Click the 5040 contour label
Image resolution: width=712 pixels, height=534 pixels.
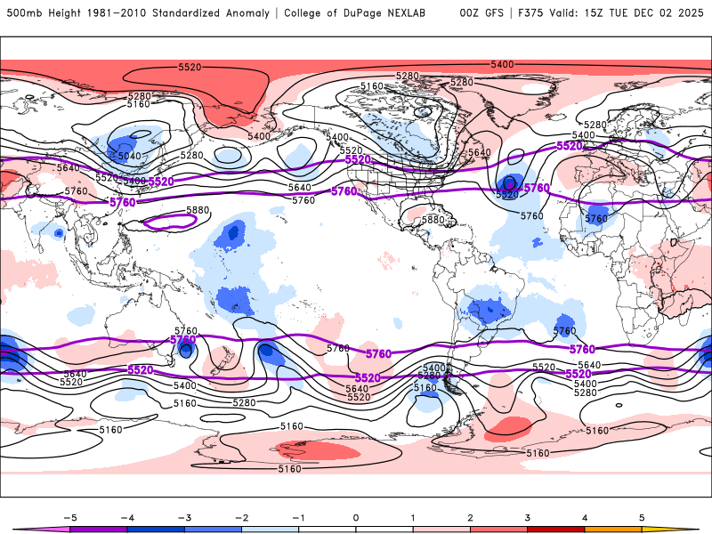[x=130, y=156]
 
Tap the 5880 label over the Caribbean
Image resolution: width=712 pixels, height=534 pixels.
[x=433, y=220]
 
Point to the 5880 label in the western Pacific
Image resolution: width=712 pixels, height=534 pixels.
[x=198, y=211]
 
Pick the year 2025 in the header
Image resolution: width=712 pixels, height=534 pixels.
[x=689, y=13]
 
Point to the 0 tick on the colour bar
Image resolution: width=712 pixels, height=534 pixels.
[x=356, y=516]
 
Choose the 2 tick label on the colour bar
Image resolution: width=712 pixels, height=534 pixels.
[x=471, y=516]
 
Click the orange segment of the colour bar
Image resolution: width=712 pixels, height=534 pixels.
[x=614, y=528]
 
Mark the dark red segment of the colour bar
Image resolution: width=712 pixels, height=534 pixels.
[x=556, y=528]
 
